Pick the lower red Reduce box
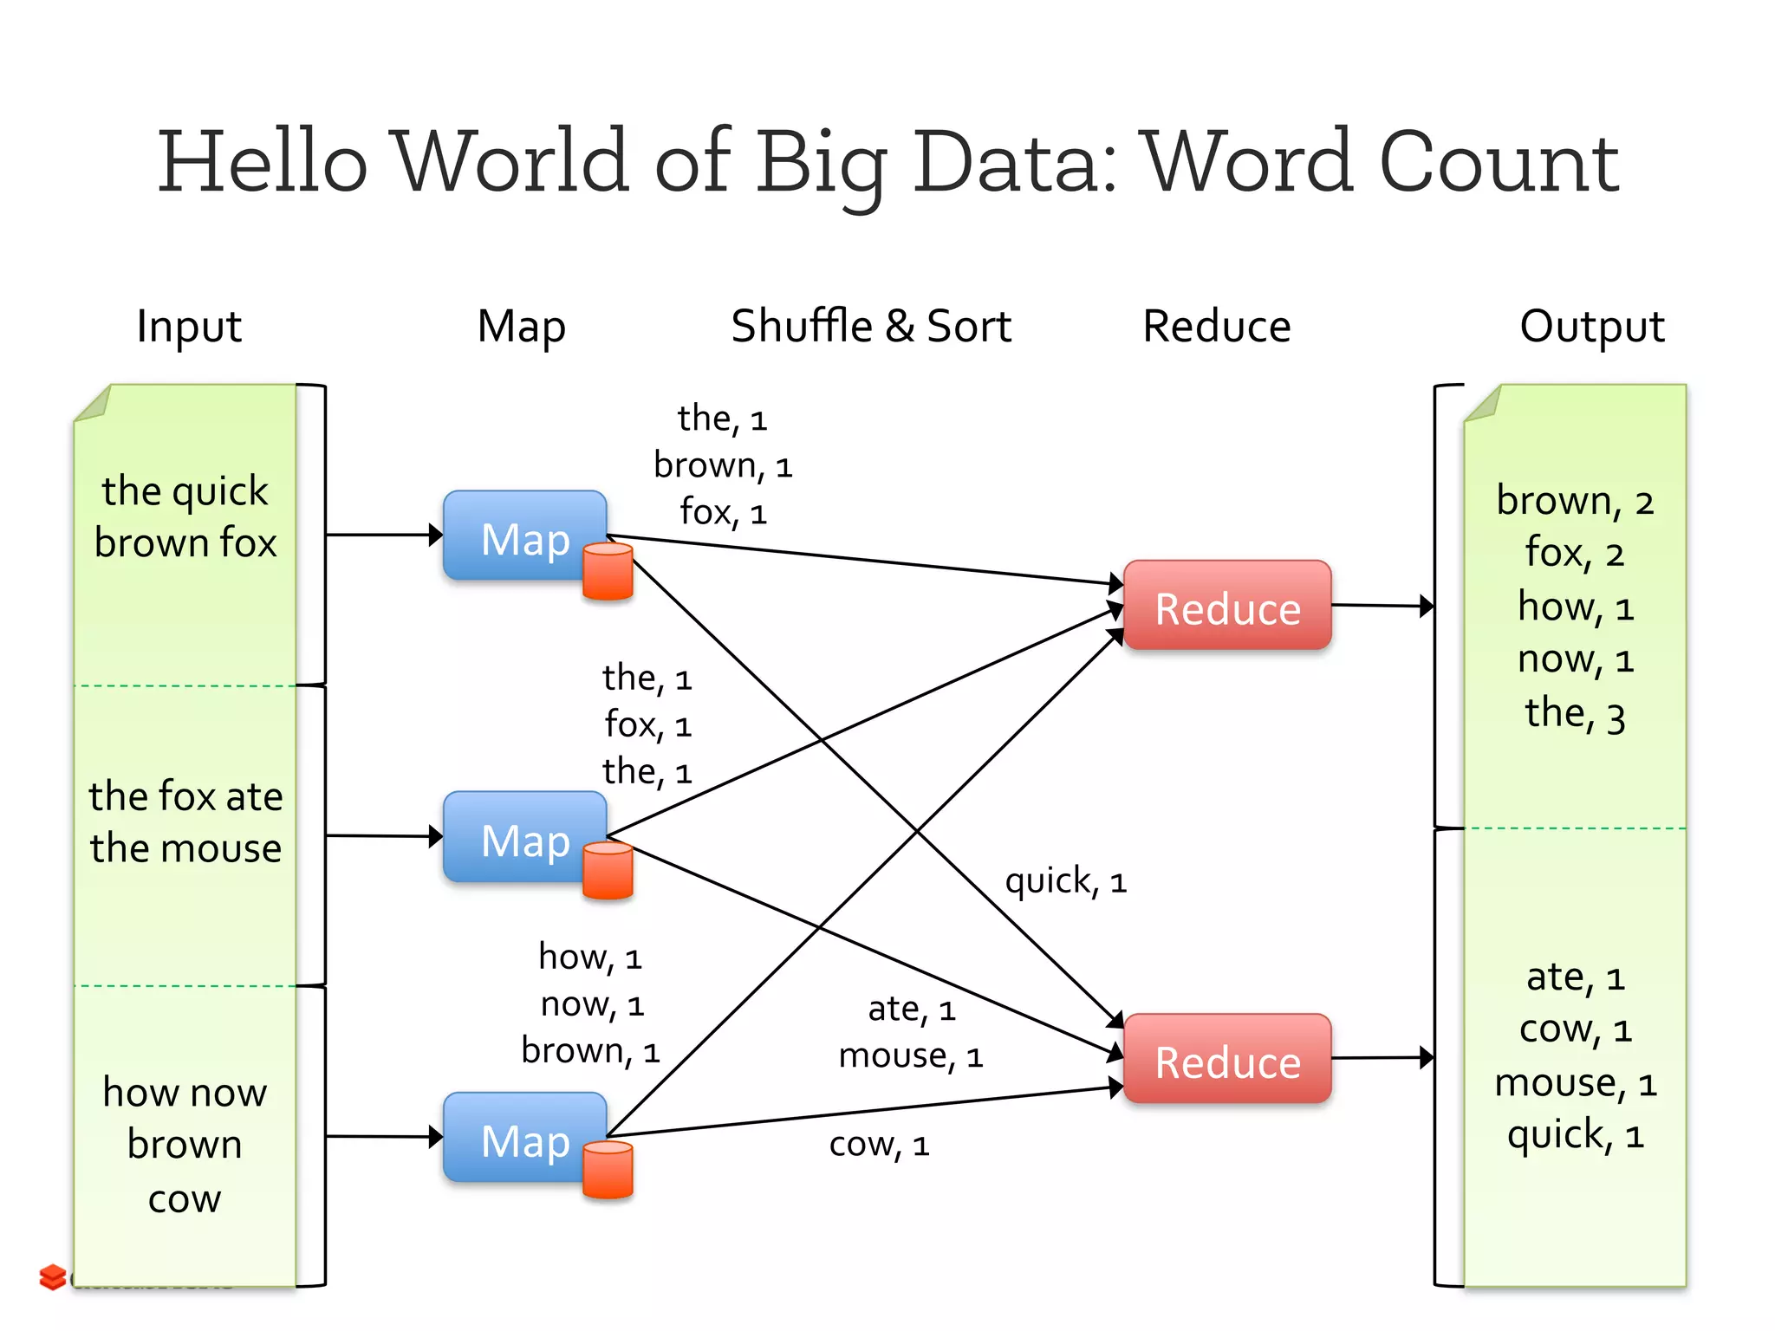[1226, 1060]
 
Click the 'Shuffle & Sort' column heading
[870, 327]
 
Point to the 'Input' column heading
[189, 327]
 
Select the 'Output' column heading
[1591, 327]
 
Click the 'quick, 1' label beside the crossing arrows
[1065, 881]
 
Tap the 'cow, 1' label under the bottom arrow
[879, 1145]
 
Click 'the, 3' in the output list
[1575, 714]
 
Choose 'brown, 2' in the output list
[1575, 501]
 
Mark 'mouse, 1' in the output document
[1575, 1083]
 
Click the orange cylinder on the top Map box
[608, 571]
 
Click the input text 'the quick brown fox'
[185, 516]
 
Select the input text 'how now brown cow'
[185, 1144]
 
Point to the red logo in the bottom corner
[53, 1276]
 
